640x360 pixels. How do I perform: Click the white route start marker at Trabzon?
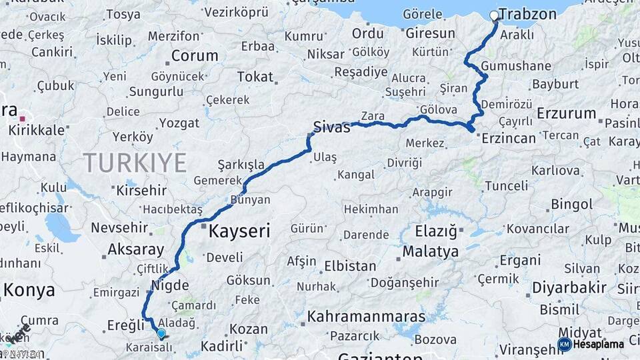(x=494, y=15)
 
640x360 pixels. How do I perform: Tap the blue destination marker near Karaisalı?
(x=161, y=333)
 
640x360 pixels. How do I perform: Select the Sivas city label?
(x=332, y=127)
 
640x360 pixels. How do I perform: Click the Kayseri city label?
(x=239, y=231)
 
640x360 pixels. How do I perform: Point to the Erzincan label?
(x=509, y=138)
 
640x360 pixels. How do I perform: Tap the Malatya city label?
(x=430, y=252)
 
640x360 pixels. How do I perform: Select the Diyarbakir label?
(x=569, y=288)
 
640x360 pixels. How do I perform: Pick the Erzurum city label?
(x=566, y=113)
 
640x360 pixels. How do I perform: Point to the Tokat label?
(x=255, y=77)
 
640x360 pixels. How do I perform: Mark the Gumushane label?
(x=516, y=66)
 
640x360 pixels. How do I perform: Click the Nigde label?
(x=171, y=285)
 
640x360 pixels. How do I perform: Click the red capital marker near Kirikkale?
(x=22, y=118)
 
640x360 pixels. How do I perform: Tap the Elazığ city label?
(x=437, y=232)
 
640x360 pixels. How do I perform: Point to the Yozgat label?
(x=179, y=123)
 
